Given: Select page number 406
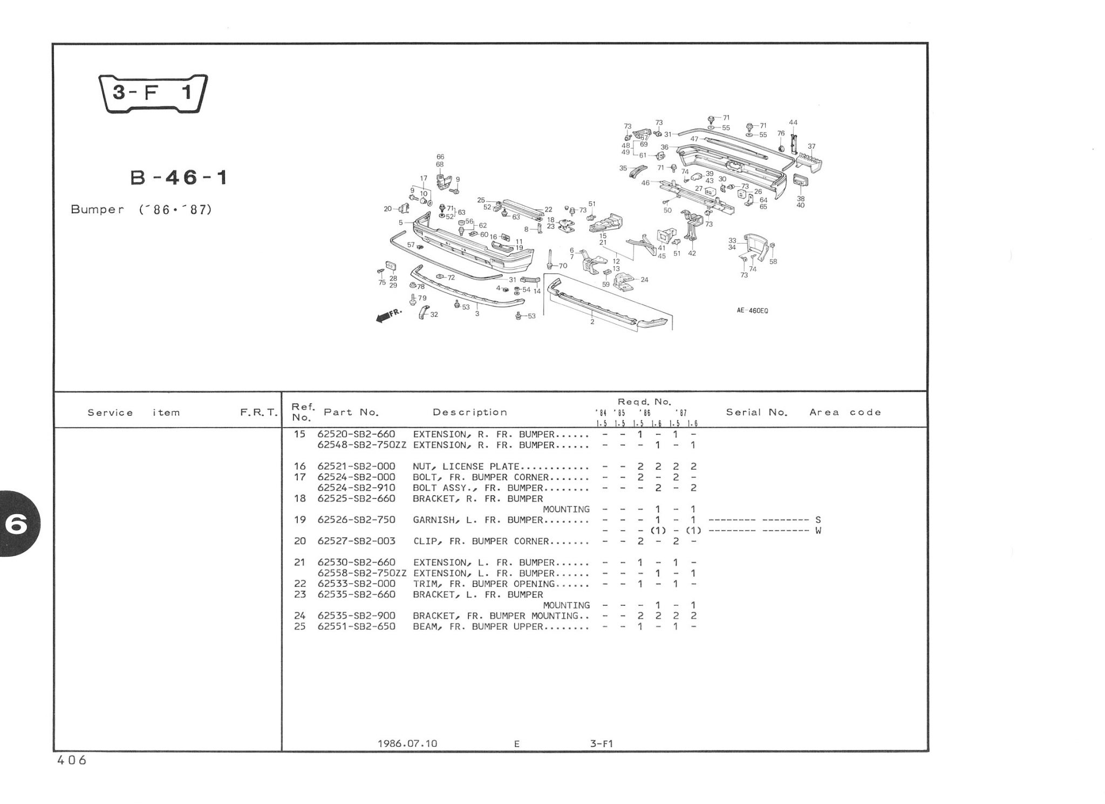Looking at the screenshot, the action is (71, 760).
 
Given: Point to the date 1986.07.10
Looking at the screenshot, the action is (407, 744).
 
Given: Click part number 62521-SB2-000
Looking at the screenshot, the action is (356, 467).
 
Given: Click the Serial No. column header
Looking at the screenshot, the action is (756, 413).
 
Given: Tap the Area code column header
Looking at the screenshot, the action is (845, 413).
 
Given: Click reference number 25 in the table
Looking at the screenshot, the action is (299, 627).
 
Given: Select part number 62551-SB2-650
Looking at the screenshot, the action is (356, 627).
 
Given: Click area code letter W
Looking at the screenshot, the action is (818, 531).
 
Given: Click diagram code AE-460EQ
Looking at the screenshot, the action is (752, 310).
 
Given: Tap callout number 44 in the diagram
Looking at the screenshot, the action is (793, 123).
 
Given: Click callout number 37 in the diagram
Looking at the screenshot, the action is (811, 146).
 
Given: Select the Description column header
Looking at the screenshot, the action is (470, 413).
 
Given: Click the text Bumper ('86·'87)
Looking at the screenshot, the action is (141, 210).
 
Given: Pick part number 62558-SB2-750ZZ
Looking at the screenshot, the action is (362, 573).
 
